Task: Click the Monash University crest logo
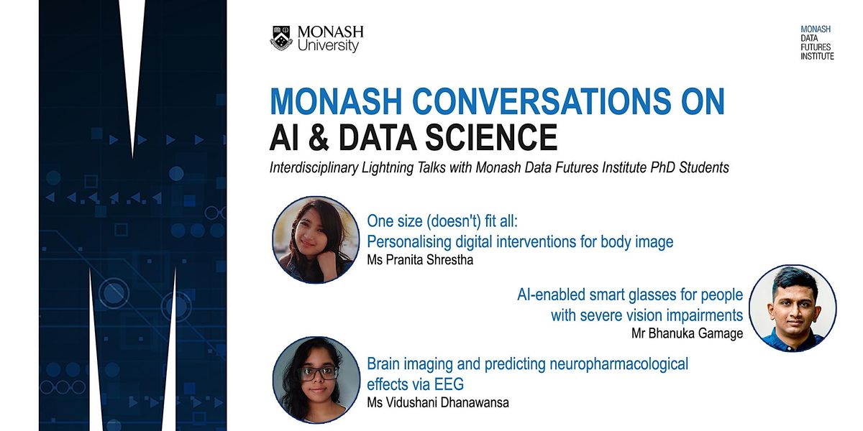[281, 38]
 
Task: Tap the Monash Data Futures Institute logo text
[817, 43]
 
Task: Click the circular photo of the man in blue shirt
[792, 309]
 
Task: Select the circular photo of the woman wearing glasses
[316, 379]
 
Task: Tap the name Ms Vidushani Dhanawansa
[437, 402]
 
